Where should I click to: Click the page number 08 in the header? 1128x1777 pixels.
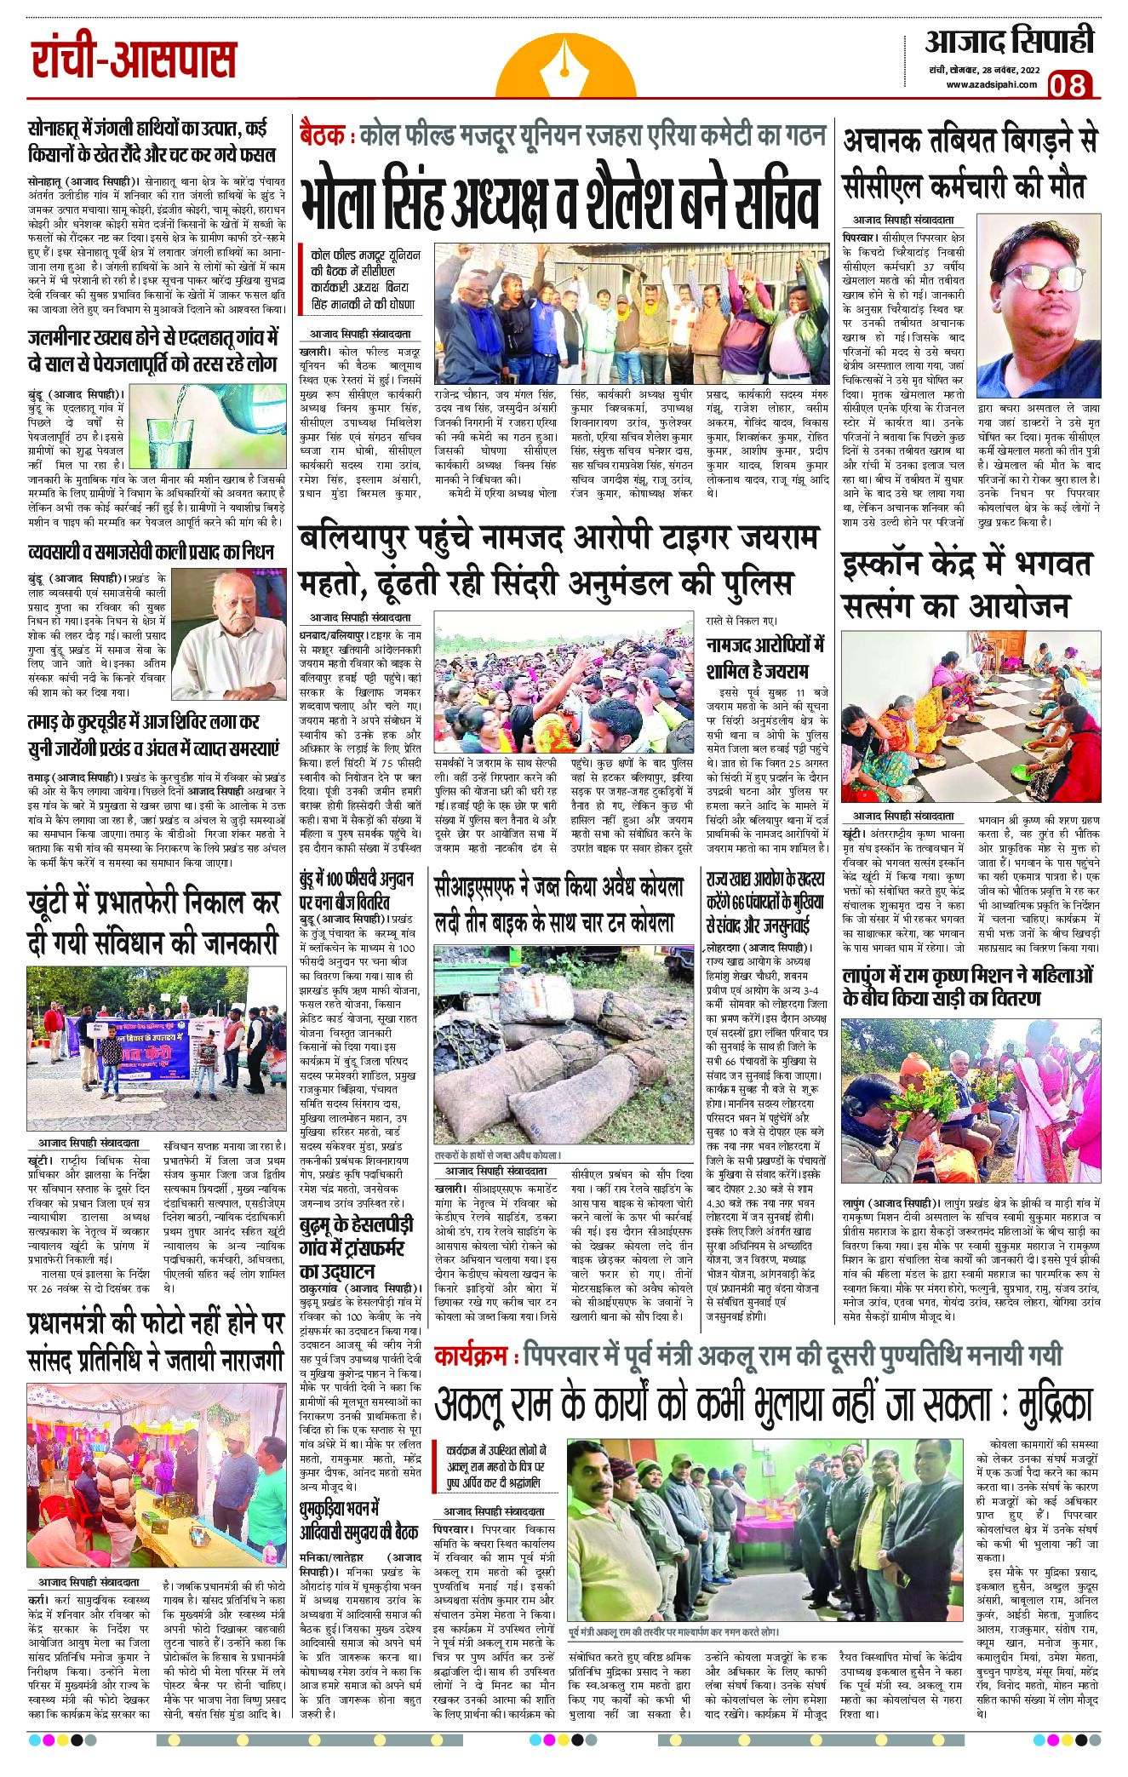(x=1071, y=86)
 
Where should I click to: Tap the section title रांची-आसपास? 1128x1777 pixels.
(x=135, y=61)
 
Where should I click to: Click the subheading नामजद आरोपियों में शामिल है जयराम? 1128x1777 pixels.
(x=764, y=656)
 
